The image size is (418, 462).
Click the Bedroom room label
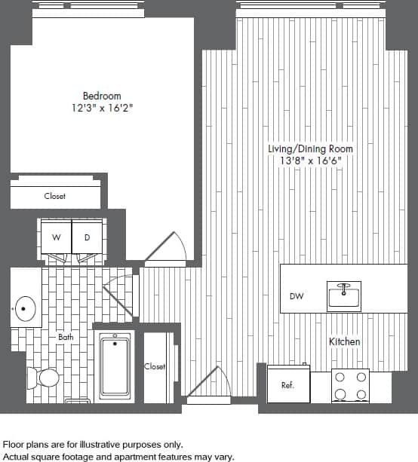(102, 96)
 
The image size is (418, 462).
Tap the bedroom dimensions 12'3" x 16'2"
(102, 108)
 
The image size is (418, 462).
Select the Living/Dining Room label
(310, 149)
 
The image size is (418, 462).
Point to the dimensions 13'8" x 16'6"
(310, 161)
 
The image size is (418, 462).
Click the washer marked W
(55, 237)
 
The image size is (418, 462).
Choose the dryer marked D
(87, 237)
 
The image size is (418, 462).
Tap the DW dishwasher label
(297, 296)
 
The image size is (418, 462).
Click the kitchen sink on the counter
(344, 295)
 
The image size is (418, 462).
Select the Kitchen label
(344, 341)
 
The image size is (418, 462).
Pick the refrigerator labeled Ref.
(287, 384)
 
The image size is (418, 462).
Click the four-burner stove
(351, 386)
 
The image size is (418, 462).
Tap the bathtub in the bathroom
(115, 367)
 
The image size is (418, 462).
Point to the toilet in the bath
(45, 376)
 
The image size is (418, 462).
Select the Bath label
(66, 337)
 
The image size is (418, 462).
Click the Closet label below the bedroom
(55, 196)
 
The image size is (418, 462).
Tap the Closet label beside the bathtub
(155, 366)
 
